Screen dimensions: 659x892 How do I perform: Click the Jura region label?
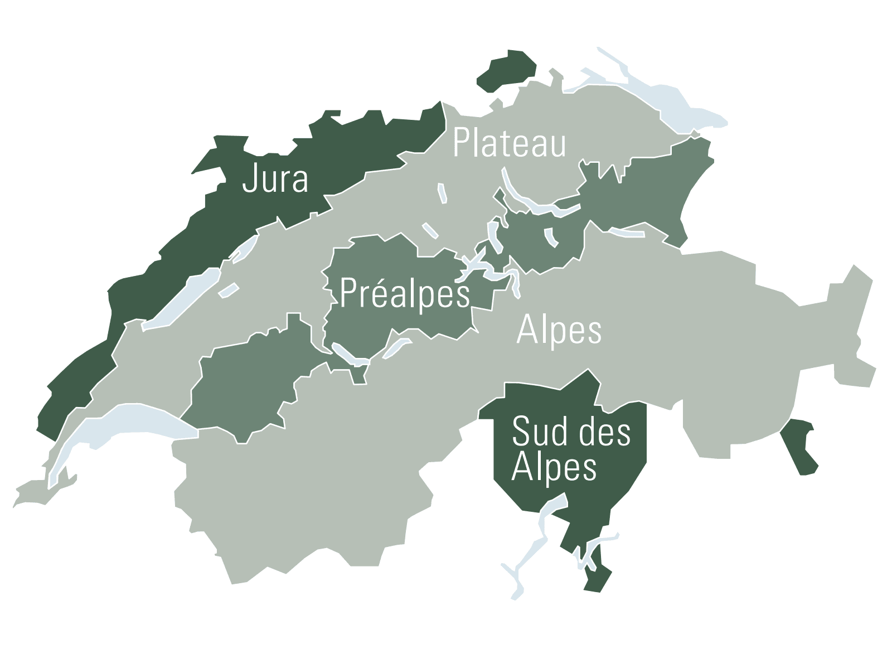point(275,179)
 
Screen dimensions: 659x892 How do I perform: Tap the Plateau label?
point(509,143)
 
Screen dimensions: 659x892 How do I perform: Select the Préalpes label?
point(404,293)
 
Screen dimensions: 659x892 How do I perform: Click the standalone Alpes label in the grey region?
point(559,331)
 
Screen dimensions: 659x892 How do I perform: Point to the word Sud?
point(539,432)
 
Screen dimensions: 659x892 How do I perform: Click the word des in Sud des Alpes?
point(604,432)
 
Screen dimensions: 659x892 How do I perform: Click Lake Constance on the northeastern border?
point(669,100)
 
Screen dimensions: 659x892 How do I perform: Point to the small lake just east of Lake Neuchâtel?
point(229,290)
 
